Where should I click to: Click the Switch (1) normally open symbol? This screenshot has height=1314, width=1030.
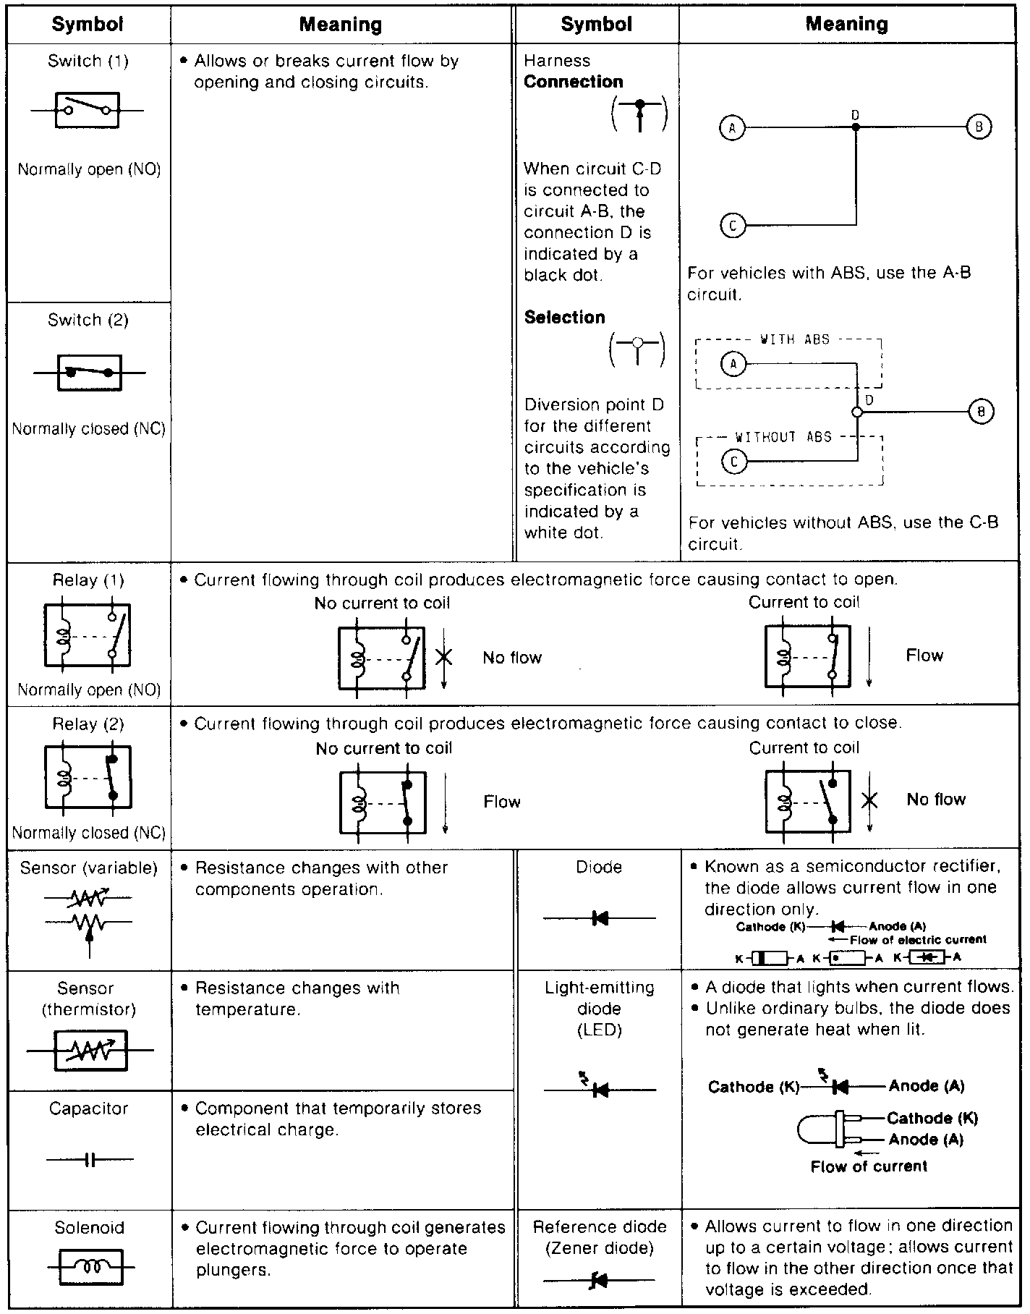tap(87, 111)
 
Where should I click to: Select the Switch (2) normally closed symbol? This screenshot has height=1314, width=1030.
tap(89, 373)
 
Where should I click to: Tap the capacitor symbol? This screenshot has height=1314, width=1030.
tap(90, 1160)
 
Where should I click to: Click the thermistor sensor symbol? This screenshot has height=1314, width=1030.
tap(90, 1050)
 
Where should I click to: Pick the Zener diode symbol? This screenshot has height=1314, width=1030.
tap(599, 1281)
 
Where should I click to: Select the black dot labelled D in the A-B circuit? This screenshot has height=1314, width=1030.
tap(856, 127)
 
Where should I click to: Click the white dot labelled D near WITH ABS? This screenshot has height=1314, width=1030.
tap(857, 412)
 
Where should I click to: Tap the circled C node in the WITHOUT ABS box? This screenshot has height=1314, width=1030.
tap(734, 461)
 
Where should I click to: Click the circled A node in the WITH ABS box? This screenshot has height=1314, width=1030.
tap(733, 363)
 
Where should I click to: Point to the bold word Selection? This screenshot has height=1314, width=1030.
tap(564, 317)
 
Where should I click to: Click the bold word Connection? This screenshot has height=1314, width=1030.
tap(574, 82)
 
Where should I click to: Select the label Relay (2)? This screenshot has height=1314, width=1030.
tap(88, 724)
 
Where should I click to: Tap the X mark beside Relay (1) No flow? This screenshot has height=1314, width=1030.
tap(444, 657)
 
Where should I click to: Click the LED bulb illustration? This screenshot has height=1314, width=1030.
tap(825, 1129)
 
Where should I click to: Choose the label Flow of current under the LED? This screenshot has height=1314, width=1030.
tap(868, 1166)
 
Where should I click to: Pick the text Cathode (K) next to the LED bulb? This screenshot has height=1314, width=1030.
tap(932, 1118)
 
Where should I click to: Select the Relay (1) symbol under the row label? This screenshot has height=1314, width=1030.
tap(88, 635)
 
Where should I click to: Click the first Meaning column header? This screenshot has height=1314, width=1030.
tap(341, 25)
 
